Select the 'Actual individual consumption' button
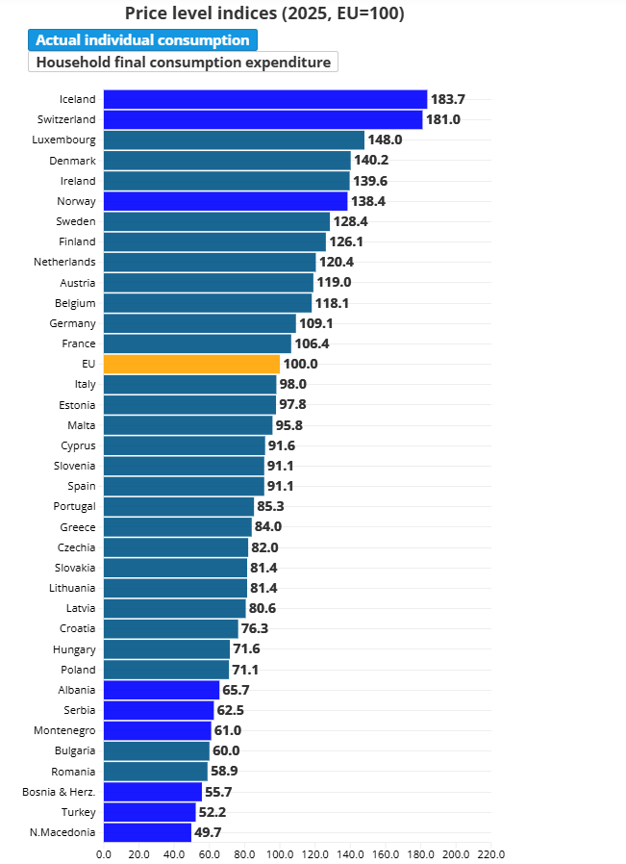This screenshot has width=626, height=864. pos(142,40)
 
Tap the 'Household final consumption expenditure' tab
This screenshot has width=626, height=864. pos(184,62)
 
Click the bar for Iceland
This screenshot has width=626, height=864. pos(265,99)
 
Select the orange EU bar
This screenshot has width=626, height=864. pos(191,364)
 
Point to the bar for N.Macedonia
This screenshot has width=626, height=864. pos(147,832)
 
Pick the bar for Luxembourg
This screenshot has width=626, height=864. pos(234,140)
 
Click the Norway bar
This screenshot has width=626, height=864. pos(226,201)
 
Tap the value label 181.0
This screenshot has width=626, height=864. pos(443,119)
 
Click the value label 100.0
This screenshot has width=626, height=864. pos(301,364)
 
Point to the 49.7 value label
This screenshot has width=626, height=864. pos(208,832)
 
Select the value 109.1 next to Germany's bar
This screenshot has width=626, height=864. pos(316,323)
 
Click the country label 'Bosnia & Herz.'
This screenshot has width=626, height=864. pos(59,792)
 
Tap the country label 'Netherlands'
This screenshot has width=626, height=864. pos(64,262)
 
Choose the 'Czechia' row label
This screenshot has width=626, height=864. pos(77,547)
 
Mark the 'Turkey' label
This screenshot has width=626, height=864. pos(79,812)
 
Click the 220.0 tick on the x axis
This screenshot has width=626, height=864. pos(491,854)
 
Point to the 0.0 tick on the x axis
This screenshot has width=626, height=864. pos(104,854)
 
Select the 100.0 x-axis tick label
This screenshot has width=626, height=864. pos(280,854)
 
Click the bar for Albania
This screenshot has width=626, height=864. pos(162,690)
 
